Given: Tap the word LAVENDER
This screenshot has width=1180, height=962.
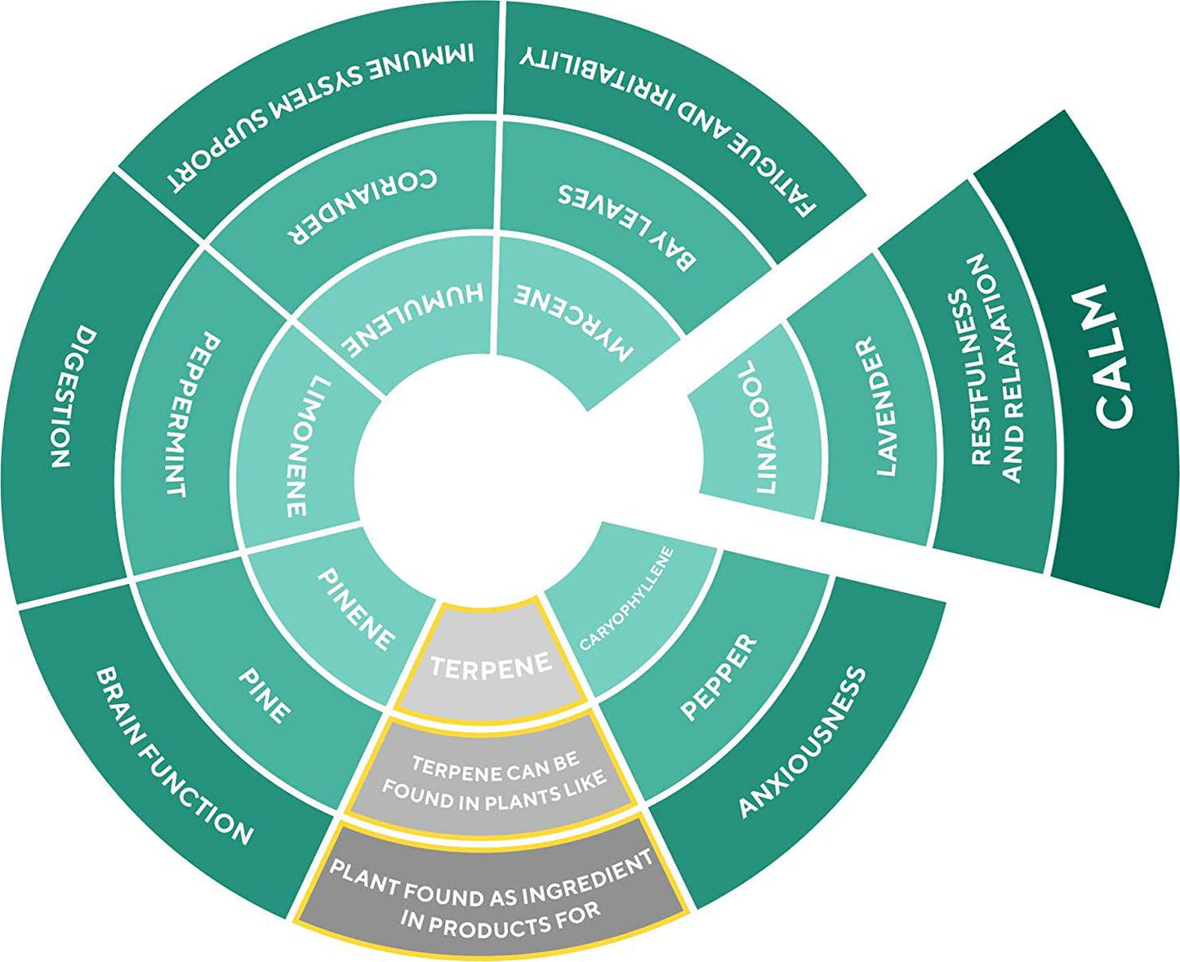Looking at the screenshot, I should click(x=875, y=405).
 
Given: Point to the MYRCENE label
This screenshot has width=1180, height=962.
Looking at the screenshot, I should click(x=575, y=322).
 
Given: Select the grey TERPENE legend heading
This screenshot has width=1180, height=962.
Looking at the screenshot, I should click(x=490, y=666).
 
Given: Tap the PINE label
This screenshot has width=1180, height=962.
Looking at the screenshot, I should click(x=264, y=695).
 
